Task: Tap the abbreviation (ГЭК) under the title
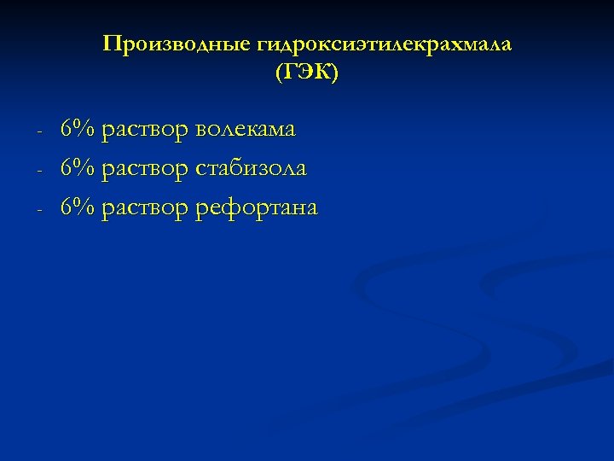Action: click(307, 74)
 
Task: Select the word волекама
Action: click(246, 130)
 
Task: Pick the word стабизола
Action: click(251, 169)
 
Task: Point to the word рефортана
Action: click(256, 207)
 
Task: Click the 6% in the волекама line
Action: click(78, 130)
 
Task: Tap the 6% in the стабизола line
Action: click(78, 169)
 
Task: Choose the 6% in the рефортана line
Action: click(78, 207)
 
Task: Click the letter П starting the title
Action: click(110, 44)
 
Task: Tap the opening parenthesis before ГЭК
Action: click(279, 74)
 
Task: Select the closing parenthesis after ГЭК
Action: click(335, 74)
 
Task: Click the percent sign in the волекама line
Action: click(84, 130)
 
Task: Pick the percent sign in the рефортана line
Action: click(84, 207)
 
